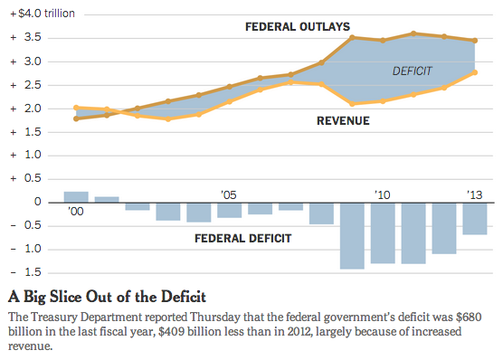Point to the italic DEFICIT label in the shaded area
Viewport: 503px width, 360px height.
tap(413, 71)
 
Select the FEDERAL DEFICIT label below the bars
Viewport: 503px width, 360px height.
tap(243, 239)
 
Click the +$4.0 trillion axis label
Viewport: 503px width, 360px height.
tap(44, 14)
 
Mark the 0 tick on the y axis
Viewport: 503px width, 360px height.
tap(37, 203)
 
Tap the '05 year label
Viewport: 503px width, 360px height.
tap(229, 194)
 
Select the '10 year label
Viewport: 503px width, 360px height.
tap(382, 194)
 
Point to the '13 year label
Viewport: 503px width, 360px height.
tap(474, 194)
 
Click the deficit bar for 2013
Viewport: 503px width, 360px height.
tap(475, 218)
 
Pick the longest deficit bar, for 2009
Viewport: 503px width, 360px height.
tap(352, 235)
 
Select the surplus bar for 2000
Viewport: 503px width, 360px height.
tap(76, 197)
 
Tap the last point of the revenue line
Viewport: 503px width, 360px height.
tap(475, 72)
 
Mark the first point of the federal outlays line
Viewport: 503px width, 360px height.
tap(76, 118)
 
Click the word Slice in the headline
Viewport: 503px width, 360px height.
tap(71, 296)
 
